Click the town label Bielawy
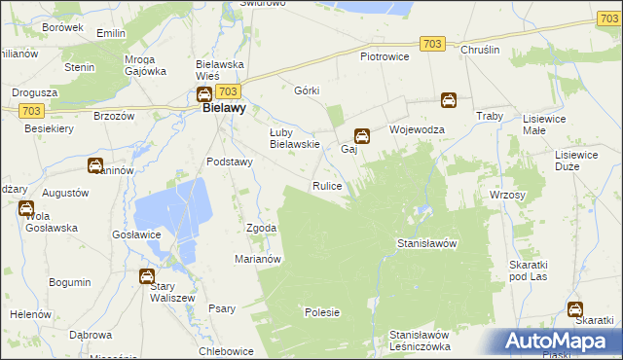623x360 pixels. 223,109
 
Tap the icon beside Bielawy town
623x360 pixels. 204,94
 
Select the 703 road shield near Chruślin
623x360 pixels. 434,44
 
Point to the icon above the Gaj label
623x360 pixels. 361,136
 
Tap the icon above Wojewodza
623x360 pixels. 448,99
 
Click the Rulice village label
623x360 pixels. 326,185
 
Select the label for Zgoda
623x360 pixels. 262,228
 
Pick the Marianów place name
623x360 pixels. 258,259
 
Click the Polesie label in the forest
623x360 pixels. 322,312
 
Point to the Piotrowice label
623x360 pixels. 385,56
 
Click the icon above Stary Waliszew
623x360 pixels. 146,276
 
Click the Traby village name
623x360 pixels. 488,116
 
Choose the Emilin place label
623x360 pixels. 112,33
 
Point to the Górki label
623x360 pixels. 307,90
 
